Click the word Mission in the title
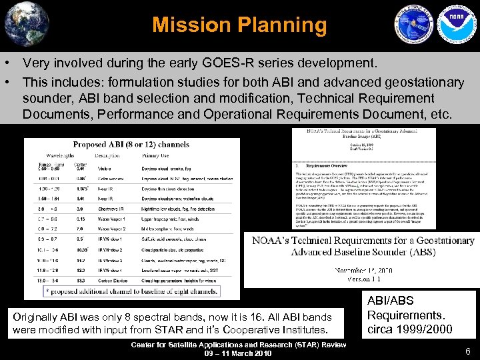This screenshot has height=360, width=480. click(x=193, y=25)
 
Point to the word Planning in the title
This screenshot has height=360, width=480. click(x=283, y=25)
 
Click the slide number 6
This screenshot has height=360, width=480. click(x=468, y=351)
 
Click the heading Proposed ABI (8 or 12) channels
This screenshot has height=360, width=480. click(x=131, y=144)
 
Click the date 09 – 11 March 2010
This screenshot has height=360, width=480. click(x=239, y=353)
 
